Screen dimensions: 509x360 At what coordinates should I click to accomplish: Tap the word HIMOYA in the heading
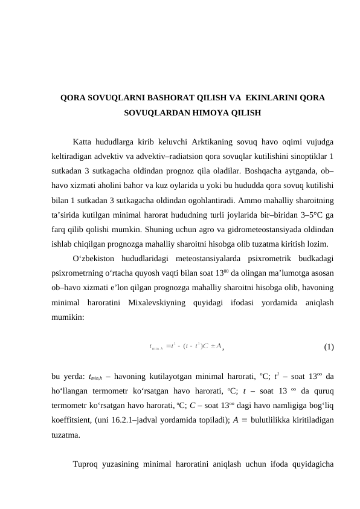[213, 113]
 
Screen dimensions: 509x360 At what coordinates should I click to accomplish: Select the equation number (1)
[329, 347]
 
